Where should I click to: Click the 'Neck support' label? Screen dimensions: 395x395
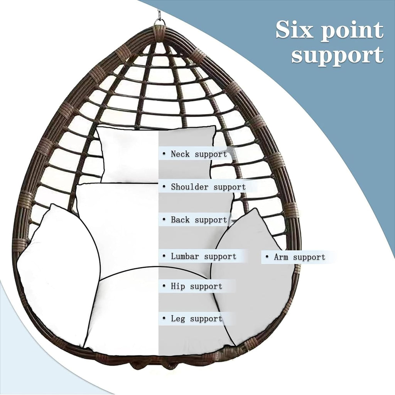[199, 154]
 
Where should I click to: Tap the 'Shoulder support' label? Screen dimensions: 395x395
[208, 187]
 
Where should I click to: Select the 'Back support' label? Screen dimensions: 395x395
[199, 219]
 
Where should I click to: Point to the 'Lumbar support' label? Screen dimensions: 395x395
[204, 257]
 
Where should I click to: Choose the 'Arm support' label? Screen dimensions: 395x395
[299, 257]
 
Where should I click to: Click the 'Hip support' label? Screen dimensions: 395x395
[196, 286]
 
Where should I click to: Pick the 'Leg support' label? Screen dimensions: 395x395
[196, 319]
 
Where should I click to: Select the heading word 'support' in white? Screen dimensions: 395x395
[338, 56]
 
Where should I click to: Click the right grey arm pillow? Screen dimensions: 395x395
[252, 275]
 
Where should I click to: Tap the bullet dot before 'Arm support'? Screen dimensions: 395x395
[267, 257]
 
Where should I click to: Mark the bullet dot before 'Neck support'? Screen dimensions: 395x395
[164, 154]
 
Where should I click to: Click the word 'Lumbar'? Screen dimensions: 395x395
[185, 256]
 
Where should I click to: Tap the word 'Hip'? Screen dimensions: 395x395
[178, 286]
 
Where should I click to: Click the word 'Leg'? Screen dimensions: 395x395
[178, 319]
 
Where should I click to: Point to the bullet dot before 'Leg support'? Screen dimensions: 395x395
[164, 318]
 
